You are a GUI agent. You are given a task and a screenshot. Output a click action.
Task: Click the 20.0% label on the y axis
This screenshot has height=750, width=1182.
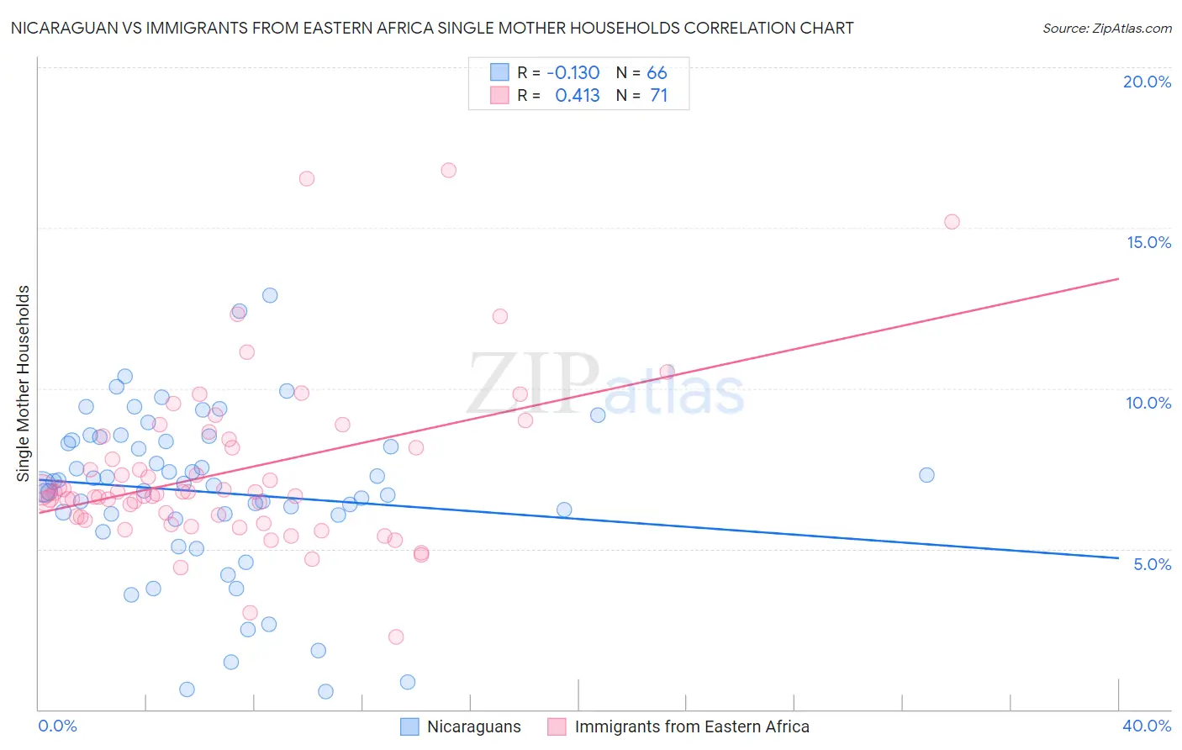click(x=1147, y=82)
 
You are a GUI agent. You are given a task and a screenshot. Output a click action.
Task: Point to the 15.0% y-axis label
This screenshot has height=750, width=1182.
click(x=1148, y=242)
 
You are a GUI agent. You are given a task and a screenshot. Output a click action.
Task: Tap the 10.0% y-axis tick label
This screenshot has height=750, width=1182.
click(x=1148, y=403)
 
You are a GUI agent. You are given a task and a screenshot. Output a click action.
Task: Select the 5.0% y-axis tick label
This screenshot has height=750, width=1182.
click(x=1152, y=564)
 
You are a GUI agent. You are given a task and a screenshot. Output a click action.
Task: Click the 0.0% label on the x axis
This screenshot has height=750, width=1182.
click(x=57, y=726)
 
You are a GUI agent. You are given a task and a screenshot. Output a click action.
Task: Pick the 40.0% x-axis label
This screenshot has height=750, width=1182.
click(x=1146, y=726)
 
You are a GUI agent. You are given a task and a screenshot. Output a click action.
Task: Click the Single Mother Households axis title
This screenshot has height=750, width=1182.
click(x=23, y=383)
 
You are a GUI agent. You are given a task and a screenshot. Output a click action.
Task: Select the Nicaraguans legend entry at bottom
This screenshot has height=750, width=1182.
click(x=473, y=727)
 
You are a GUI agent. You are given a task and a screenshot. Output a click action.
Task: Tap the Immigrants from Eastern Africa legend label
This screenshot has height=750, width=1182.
click(x=691, y=727)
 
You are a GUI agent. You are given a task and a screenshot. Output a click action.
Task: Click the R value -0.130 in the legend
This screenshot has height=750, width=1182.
click(x=573, y=72)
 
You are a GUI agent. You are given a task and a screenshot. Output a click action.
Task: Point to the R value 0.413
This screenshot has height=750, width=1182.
click(x=577, y=96)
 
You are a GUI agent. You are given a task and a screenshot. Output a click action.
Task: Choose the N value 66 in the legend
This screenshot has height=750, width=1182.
click(x=657, y=72)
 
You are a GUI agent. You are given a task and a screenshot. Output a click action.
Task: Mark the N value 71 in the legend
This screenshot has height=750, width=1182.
click(x=658, y=96)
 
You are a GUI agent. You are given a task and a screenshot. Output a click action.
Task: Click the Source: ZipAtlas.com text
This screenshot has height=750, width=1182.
click(x=1106, y=29)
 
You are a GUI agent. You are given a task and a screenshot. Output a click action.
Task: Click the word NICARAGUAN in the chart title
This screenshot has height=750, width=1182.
click(x=57, y=29)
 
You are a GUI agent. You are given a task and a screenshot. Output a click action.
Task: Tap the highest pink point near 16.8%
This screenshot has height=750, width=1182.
click(x=448, y=170)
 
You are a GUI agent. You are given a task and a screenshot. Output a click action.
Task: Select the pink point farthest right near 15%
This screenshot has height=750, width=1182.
click(x=952, y=222)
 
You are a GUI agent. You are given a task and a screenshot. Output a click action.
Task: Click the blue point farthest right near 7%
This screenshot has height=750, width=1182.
click(x=926, y=475)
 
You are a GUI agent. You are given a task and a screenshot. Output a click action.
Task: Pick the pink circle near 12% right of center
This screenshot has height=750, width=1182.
click(x=500, y=316)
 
